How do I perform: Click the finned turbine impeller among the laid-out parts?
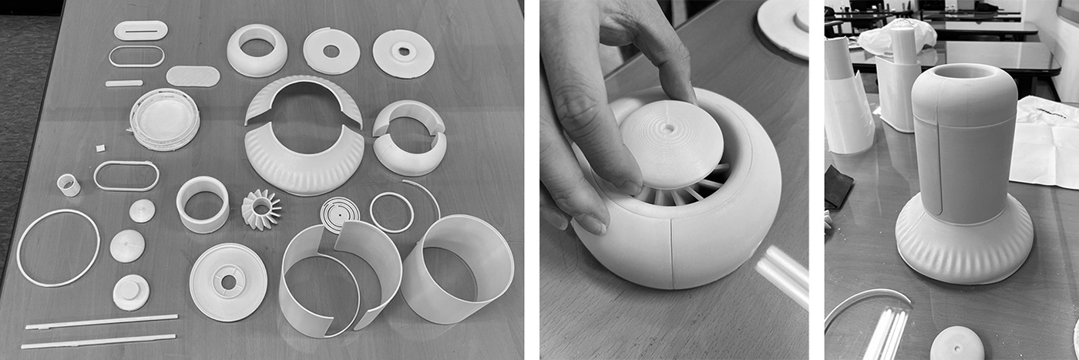click(x=261, y=209)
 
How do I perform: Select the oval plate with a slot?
click(x=140, y=30)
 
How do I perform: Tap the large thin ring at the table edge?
click(x=58, y=248)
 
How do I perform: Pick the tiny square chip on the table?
click(x=99, y=147)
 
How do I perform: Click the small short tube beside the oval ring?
click(x=69, y=184)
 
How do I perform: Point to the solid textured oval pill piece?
click(x=193, y=76)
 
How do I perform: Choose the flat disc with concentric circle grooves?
click(x=339, y=210)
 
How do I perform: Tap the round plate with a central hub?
click(x=228, y=281)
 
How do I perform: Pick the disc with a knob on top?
click(x=131, y=292)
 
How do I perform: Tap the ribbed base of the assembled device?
click(x=963, y=247)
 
